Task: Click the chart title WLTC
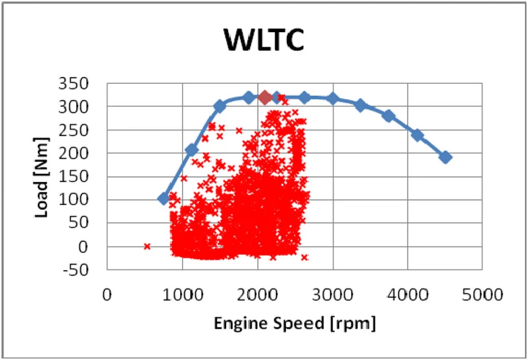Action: [263, 39]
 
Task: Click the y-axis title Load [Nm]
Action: [42, 178]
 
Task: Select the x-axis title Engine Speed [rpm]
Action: [294, 323]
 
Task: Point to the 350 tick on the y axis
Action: [73, 83]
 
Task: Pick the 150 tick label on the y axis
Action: [73, 176]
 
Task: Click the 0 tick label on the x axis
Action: [107, 295]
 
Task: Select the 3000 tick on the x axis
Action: [332, 295]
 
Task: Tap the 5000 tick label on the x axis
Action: [482, 295]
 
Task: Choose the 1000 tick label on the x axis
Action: [183, 295]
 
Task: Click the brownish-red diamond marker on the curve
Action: [265, 97]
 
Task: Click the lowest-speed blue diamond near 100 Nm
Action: [163, 199]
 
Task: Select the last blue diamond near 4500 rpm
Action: [445, 157]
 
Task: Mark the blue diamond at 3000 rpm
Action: [333, 99]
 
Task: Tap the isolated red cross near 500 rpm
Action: [147, 246]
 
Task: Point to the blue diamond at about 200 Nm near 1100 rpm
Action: [192, 150]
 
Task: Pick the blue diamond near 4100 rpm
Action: [417, 135]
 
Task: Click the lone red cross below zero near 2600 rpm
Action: [304, 258]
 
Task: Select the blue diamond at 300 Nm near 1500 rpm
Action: [220, 106]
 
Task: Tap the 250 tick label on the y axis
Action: [73, 130]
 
